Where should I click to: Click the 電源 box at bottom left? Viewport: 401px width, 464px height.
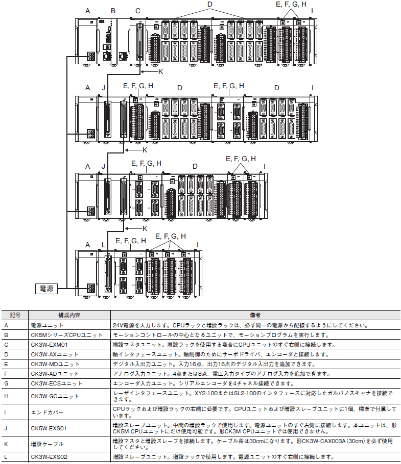[x=46, y=288]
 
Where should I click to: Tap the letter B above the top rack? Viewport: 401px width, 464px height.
[x=113, y=11]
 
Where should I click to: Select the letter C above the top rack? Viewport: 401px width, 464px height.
[x=138, y=11]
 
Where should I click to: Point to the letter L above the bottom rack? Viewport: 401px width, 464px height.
[x=103, y=245]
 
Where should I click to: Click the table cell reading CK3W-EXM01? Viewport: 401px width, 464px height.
[x=69, y=345]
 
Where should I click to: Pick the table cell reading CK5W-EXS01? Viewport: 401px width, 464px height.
[x=69, y=428]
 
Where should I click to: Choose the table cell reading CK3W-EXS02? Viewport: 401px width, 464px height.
[x=69, y=457]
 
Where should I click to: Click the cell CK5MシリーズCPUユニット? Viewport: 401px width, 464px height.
[x=69, y=335]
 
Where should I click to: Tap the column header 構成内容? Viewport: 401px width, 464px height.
[x=69, y=315]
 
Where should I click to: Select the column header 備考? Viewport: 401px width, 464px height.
[x=255, y=315]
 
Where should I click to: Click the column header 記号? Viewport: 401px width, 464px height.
[x=15, y=315]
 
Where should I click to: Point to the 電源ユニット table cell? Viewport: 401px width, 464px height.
[x=69, y=325]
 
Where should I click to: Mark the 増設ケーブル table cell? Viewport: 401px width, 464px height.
[x=69, y=444]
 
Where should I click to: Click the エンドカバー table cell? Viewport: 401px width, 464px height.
[x=69, y=412]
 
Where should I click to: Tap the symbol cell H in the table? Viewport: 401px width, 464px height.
[x=15, y=396]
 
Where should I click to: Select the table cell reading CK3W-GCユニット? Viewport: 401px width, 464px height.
[x=69, y=396]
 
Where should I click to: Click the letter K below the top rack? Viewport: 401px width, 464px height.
[x=160, y=71]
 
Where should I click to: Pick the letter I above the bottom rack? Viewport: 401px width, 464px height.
[x=197, y=245]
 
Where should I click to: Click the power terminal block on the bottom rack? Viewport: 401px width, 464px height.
[x=90, y=288]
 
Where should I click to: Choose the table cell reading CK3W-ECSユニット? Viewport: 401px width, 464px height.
[x=69, y=383]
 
